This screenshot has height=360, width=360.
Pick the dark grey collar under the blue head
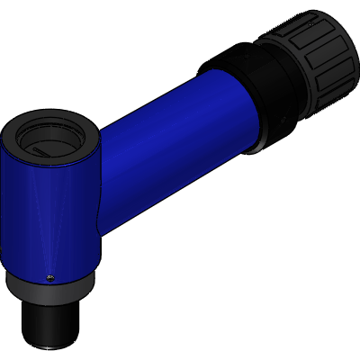click(x=49, y=288)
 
